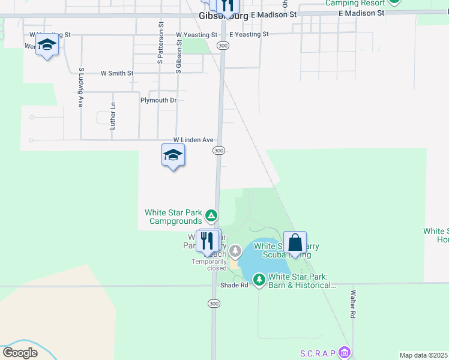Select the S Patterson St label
161,43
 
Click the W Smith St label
116,73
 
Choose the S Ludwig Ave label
80,87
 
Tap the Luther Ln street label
112,116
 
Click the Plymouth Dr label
158,100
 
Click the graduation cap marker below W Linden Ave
173,155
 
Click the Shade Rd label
234,285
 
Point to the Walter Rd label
354,304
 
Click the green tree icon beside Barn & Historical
259,280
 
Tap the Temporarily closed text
209,265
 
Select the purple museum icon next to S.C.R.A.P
343,352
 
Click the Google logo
20,353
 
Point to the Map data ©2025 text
423,355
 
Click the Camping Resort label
355,3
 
